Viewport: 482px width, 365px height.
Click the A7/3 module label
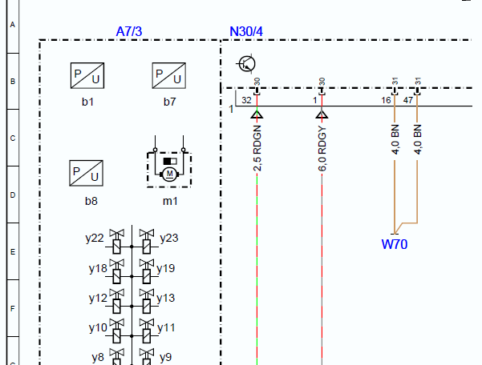(x=129, y=31)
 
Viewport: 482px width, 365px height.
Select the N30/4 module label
(x=246, y=31)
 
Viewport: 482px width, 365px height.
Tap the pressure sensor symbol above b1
(x=87, y=75)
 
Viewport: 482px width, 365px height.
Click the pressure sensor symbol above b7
(x=168, y=75)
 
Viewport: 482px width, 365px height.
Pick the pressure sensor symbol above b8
(x=86, y=173)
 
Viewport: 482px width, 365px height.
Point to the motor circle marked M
(x=169, y=174)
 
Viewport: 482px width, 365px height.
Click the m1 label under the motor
(x=170, y=201)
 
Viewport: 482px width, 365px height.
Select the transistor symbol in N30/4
(x=246, y=64)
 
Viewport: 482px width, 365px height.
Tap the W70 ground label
(x=395, y=244)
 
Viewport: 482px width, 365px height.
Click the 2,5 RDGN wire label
(x=257, y=148)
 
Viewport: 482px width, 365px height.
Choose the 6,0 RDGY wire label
(x=322, y=148)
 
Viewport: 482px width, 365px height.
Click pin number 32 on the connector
(x=246, y=100)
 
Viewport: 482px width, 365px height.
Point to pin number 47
(x=408, y=100)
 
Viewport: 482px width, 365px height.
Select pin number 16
(x=386, y=100)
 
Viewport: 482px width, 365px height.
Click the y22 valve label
(x=95, y=238)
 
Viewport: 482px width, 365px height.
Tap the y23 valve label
(x=169, y=238)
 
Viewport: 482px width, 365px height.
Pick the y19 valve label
(x=165, y=268)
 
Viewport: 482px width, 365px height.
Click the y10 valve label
(x=98, y=327)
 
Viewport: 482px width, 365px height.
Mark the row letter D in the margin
(x=13, y=195)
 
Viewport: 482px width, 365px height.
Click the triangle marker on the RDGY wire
(x=322, y=114)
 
